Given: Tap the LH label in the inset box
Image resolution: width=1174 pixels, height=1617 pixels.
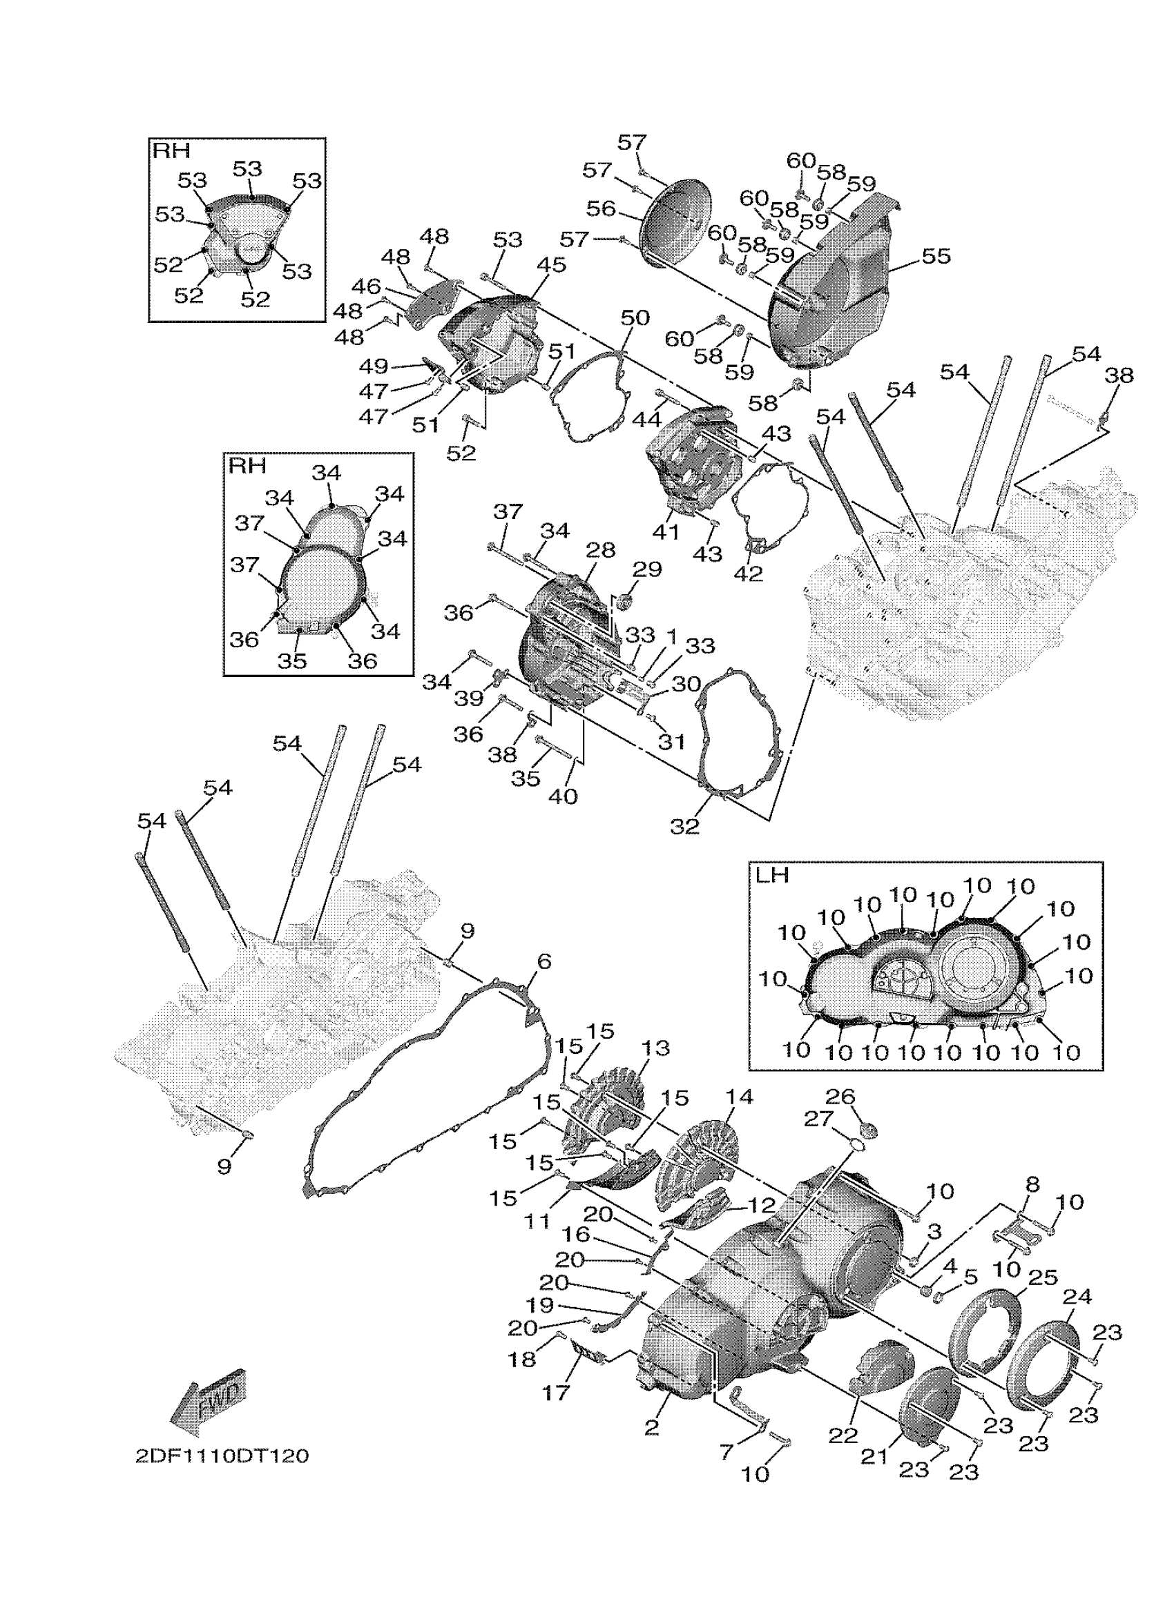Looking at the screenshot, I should click(773, 875).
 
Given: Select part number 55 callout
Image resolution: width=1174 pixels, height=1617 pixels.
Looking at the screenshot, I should click(936, 256).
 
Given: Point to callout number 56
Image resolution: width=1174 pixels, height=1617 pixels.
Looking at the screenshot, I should click(601, 208).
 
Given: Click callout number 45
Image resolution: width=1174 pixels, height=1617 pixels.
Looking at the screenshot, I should click(551, 264).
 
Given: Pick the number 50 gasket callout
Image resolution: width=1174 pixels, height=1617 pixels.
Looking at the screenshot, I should click(635, 317).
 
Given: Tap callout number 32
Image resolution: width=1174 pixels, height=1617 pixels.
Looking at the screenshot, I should click(684, 825).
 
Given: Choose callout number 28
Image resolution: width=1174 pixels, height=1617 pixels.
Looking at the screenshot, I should click(601, 549).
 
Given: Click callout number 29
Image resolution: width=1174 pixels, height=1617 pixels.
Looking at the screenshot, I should click(647, 569).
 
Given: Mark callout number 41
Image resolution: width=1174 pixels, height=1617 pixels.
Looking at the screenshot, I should click(666, 531).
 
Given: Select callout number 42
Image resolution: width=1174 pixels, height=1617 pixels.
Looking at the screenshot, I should click(748, 573).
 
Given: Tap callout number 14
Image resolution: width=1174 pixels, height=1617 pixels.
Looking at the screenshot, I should click(739, 1097).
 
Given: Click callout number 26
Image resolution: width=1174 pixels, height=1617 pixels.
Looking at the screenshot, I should click(840, 1096).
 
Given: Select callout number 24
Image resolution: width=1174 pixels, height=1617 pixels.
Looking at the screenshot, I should click(1077, 1295).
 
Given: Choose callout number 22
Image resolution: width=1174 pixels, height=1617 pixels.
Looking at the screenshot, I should click(843, 1435).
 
